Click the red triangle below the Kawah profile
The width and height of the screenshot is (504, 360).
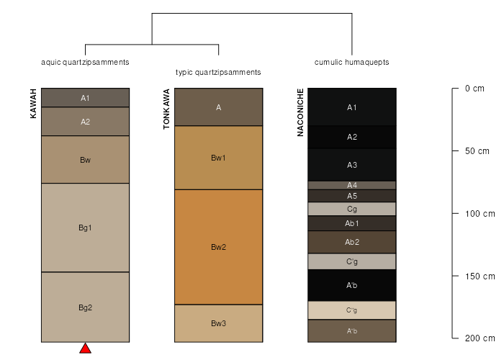coord(85,348)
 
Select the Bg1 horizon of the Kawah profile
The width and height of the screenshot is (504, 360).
coord(85,228)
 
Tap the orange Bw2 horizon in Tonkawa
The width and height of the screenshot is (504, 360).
coord(219,247)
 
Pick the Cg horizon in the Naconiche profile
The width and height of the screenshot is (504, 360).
coord(352,209)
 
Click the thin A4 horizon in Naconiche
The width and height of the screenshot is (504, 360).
coord(352,185)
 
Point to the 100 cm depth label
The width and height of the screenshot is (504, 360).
coord(480,213)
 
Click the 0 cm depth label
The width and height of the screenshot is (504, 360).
coord(474,89)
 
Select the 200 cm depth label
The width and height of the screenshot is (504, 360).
coord(480,338)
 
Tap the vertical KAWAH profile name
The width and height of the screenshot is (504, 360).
coord(33,104)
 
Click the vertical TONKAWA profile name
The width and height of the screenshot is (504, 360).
coord(166,109)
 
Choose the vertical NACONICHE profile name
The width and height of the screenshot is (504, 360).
coord(300,112)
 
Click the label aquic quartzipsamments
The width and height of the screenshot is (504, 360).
coord(85,62)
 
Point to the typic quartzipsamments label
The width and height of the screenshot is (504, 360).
coord(218,72)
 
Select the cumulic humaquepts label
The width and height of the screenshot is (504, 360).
coord(351,62)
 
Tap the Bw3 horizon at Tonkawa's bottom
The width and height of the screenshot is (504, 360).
coord(219,323)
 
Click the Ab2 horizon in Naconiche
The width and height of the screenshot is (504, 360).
coord(352,242)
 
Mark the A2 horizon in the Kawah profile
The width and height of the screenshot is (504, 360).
coord(85,122)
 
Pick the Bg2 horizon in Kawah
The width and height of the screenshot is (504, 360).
coord(85,307)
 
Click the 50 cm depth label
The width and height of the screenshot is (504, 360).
coord(477,151)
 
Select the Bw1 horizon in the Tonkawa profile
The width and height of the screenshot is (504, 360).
coord(219,158)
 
